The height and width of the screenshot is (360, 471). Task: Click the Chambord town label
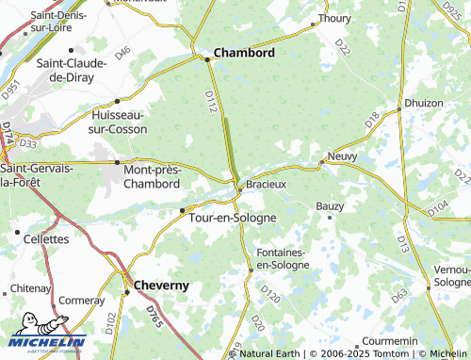[x=245, y=53]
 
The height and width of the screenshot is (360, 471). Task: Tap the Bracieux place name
[x=266, y=184]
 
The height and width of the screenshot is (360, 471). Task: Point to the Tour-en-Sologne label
[x=234, y=217]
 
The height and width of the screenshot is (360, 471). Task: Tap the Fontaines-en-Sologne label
[x=283, y=259]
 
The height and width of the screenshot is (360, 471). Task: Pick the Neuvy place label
[x=343, y=155]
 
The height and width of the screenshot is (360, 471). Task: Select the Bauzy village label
[x=330, y=205]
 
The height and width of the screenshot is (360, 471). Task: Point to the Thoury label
[x=334, y=18]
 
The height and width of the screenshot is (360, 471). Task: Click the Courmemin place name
[x=389, y=339]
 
